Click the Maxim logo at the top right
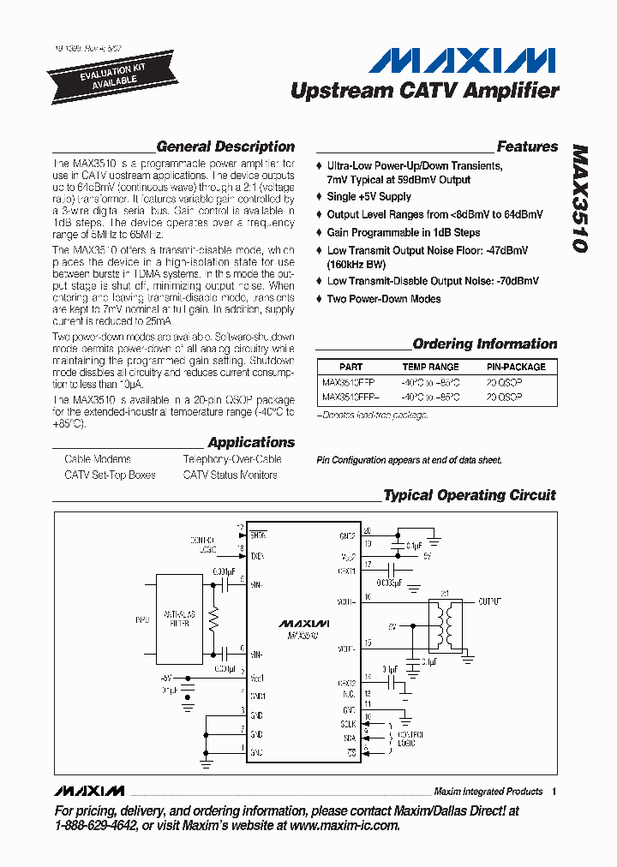462,61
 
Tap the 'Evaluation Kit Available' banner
96,75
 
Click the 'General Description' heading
225,146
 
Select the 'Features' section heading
527,146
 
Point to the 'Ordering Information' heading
484,344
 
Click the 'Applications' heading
251,442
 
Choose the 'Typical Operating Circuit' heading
469,495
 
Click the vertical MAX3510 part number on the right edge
579,198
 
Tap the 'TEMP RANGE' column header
430,366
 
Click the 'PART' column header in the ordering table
350,366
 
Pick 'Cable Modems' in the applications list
98,459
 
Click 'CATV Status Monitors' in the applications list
230,475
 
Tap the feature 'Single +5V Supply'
368,196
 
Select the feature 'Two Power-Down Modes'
384,299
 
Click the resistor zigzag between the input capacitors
214,619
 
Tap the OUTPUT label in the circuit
489,601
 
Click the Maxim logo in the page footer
88,791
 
